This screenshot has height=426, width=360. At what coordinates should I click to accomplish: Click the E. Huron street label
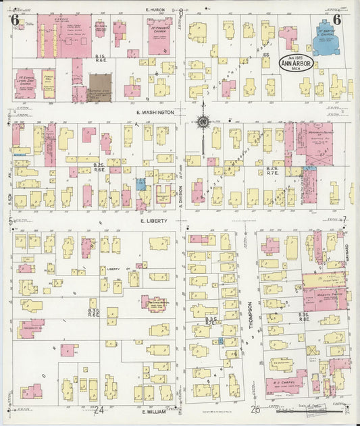156,10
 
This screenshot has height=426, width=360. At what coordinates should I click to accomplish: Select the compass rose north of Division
202,122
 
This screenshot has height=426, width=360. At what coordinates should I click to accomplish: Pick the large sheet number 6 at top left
14,19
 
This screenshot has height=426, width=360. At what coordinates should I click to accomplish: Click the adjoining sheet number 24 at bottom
99,410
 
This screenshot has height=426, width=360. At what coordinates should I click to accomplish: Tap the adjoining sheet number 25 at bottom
255,410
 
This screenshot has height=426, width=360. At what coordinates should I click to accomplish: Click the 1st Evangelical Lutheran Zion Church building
26,83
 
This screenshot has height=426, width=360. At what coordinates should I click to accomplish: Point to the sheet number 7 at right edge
344,220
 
